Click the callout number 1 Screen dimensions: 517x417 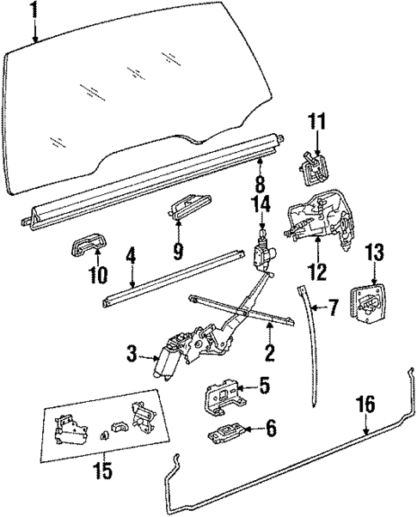(34, 10)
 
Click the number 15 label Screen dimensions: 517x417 (102, 471)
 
